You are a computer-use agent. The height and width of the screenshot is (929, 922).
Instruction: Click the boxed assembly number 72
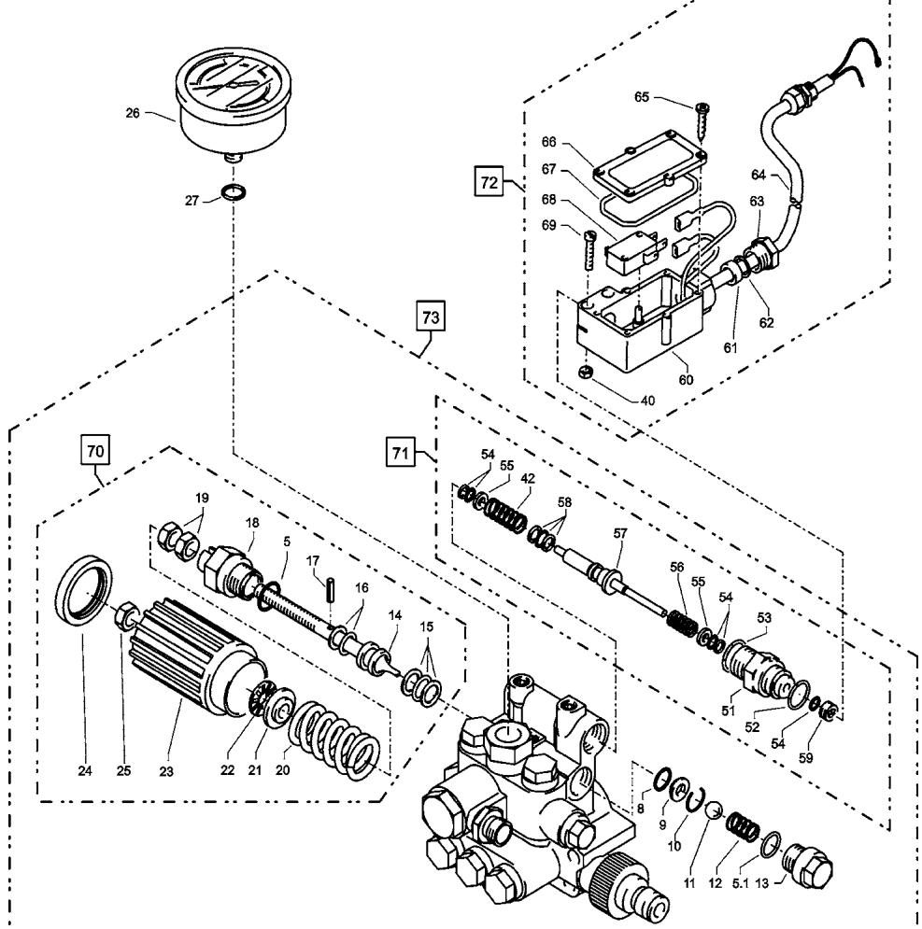coord(489,182)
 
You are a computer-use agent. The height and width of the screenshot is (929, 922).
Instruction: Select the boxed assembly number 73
coord(431,317)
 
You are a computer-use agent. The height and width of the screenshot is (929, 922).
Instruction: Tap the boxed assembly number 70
coord(95,452)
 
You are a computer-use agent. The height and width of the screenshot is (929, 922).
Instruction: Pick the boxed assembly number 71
coord(400,453)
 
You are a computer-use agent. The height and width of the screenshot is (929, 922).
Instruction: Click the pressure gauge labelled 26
coord(234,105)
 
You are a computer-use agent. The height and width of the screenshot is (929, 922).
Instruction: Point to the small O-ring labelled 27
coord(234,192)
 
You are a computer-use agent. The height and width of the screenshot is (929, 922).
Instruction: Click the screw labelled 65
coord(702,120)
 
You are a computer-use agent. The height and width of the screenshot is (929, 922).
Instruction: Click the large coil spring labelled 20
coord(334,740)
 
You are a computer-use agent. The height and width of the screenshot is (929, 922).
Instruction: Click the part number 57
coord(619,533)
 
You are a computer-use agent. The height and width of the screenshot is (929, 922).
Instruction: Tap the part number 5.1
coord(741,883)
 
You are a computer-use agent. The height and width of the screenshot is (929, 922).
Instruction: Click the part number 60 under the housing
coord(686,379)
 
